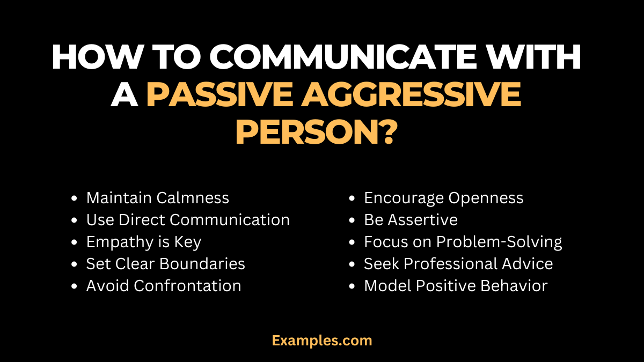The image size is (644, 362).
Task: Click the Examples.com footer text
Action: coord(322,340)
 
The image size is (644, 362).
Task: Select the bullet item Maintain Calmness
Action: coord(157,198)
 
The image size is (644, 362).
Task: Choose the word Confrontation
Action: coord(187,286)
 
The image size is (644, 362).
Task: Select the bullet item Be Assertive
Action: coord(411,220)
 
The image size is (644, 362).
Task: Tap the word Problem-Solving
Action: coord(499,242)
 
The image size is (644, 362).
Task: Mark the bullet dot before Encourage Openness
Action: coord(352,198)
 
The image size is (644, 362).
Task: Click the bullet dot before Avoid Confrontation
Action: coord(74,286)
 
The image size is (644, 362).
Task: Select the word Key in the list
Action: coord(187,242)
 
